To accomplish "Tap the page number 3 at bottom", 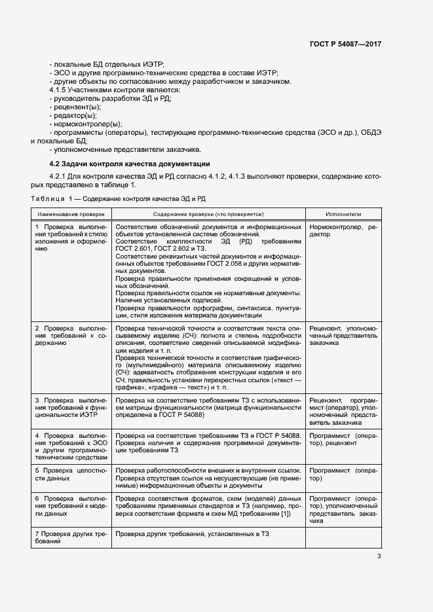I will coord(379,557).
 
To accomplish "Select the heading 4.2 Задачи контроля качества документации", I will coord(130,163).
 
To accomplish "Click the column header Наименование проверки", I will coord(71,214).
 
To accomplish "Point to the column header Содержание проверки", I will coord(208,214).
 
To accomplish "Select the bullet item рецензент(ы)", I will coord(75,107).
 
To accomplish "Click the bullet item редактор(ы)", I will coord(72,115).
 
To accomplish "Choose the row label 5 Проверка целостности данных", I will coord(71,475).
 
